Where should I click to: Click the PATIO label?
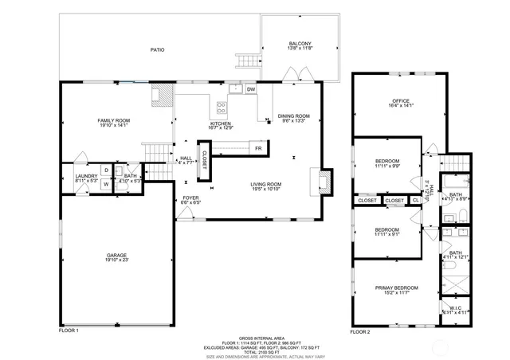pos(158,49)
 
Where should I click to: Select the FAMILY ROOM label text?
pos(114,121)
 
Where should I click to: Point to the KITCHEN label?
pos(221,124)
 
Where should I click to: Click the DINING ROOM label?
pos(293,117)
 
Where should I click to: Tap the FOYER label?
pos(190,198)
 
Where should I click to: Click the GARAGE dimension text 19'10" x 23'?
pos(117,260)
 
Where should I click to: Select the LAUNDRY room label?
pos(86,176)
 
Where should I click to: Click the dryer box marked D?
pos(105,170)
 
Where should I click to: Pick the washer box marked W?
pos(105,184)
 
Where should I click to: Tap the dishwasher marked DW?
pos(250,89)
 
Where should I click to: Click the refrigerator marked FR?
pos(258,149)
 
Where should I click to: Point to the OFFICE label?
pos(400,100)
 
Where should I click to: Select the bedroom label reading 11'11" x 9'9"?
pos(387,166)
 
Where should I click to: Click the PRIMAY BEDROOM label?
pos(396,288)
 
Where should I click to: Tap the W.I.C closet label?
pos(456,308)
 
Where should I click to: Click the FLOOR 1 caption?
pos(69,331)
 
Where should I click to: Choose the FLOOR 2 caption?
pos(361,331)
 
